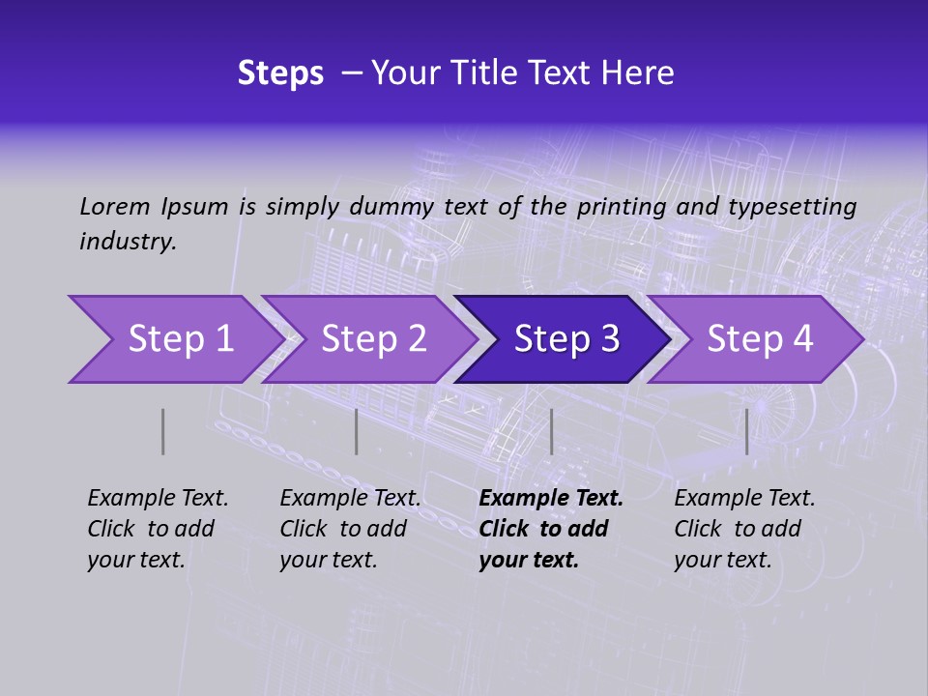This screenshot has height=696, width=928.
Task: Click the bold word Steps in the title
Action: coord(280,72)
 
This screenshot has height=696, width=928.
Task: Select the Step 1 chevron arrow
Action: coord(174,339)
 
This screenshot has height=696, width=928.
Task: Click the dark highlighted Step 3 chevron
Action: coord(563,339)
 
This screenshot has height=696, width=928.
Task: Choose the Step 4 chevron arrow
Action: coord(756,339)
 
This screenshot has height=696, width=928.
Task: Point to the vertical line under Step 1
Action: coord(163,431)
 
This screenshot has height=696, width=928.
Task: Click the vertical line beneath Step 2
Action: coord(357,431)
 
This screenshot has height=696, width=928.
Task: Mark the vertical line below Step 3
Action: coord(551,431)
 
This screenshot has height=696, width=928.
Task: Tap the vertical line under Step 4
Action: coord(746,431)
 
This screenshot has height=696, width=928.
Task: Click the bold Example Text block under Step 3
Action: coord(550,529)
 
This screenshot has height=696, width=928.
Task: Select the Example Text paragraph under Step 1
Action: coord(158,529)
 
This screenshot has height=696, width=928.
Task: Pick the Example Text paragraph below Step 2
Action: coord(350,529)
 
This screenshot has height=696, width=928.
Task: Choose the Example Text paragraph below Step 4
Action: coord(744,529)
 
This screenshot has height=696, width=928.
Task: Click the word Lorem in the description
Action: coord(115,206)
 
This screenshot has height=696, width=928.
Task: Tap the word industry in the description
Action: coord(127,242)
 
